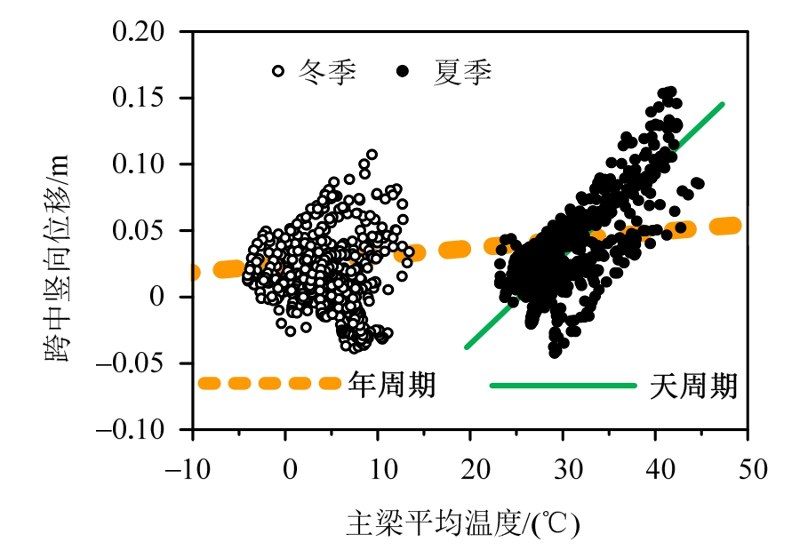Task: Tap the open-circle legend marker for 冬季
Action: click(x=277, y=70)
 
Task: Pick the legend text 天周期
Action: click(x=693, y=385)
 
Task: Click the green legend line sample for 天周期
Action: click(x=564, y=386)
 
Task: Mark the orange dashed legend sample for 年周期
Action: click(x=268, y=384)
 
